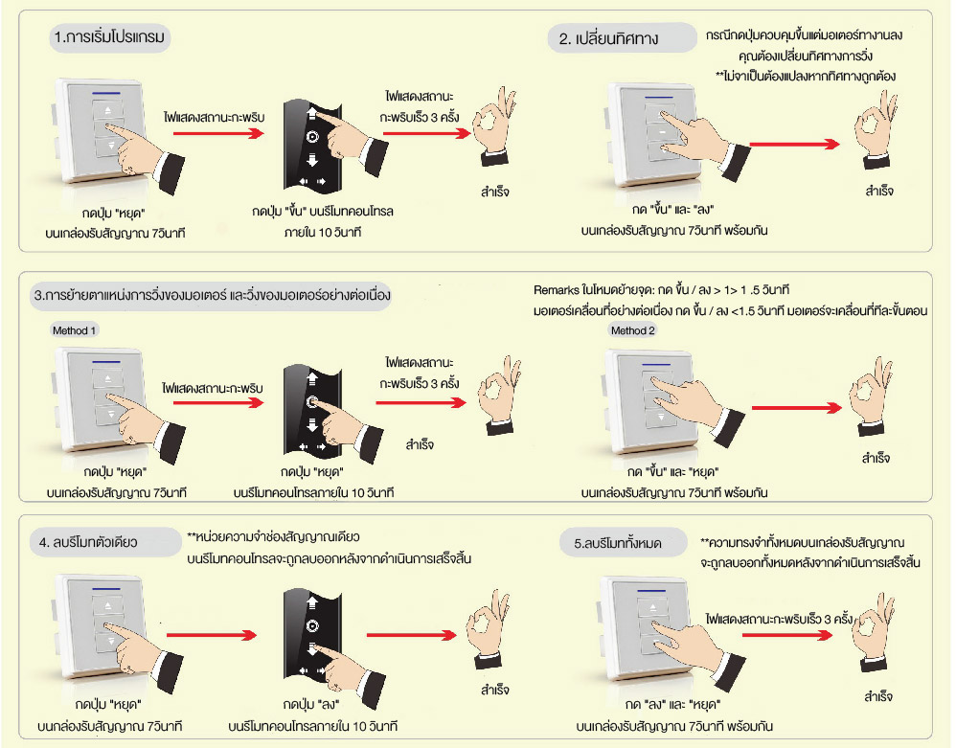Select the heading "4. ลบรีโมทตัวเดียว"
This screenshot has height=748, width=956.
(x=89, y=541)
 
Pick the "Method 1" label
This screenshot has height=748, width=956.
(x=74, y=329)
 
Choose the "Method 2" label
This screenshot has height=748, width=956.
(x=632, y=330)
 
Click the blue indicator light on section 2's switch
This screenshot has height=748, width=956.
(x=662, y=97)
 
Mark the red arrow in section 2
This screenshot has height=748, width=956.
(x=794, y=144)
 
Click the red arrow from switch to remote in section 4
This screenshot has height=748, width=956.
(x=216, y=632)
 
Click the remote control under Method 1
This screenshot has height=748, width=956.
(x=308, y=407)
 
